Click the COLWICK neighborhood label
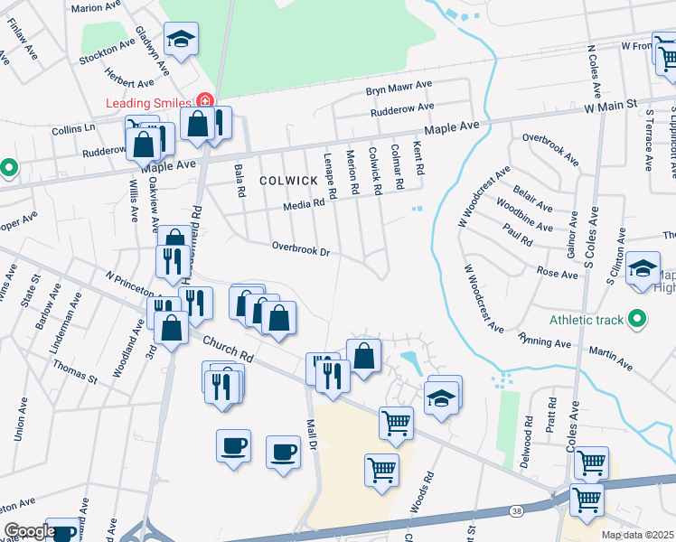tap(288, 181)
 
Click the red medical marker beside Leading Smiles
tap(206, 100)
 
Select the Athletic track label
tap(587, 320)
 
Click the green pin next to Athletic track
tap(638, 319)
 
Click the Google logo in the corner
tap(30, 531)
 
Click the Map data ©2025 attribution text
tap(637, 535)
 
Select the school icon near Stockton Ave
tap(181, 39)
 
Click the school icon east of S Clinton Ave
tap(643, 268)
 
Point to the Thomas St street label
tap(74, 369)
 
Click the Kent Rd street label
tap(418, 157)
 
